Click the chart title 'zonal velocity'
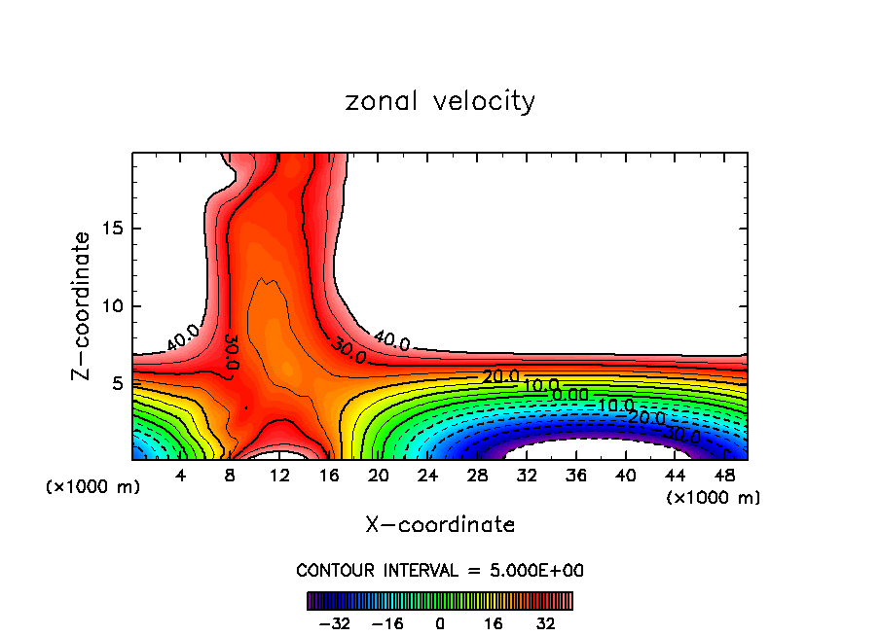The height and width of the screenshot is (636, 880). (x=440, y=101)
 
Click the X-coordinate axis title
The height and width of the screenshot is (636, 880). (x=440, y=525)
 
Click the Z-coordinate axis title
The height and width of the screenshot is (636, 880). (x=82, y=305)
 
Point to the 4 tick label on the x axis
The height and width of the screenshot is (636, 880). (x=180, y=476)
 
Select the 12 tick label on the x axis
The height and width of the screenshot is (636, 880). (x=280, y=476)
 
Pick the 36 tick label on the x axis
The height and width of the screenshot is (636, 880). (x=576, y=476)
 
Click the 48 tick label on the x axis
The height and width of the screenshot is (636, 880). (x=724, y=476)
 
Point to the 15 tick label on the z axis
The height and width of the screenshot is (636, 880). (x=110, y=230)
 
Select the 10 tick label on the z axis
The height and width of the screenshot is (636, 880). (x=110, y=306)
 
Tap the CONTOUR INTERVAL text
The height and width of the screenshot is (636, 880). (x=440, y=570)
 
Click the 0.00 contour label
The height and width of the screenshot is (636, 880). (x=569, y=395)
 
